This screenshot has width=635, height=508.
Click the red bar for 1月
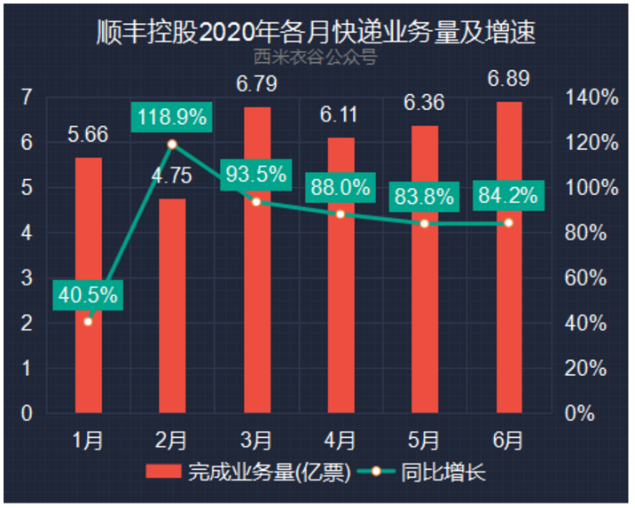tap(88, 285)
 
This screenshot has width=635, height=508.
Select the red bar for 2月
tap(172, 306)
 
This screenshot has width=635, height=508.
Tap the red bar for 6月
tap(508, 257)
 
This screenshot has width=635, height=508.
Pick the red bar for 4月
tap(341, 275)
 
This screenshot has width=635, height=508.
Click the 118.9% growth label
tap(172, 117)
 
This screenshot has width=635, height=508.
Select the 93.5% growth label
tap(256, 174)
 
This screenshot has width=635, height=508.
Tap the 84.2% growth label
tap(508, 196)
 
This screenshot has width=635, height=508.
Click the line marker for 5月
tap(425, 223)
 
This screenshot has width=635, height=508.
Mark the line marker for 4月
tap(341, 215)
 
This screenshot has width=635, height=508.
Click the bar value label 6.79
tap(256, 86)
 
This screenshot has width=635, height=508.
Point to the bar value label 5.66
tap(88, 135)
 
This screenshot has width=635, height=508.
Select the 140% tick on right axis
tap(592, 98)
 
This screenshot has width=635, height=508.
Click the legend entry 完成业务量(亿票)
tap(248, 473)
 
